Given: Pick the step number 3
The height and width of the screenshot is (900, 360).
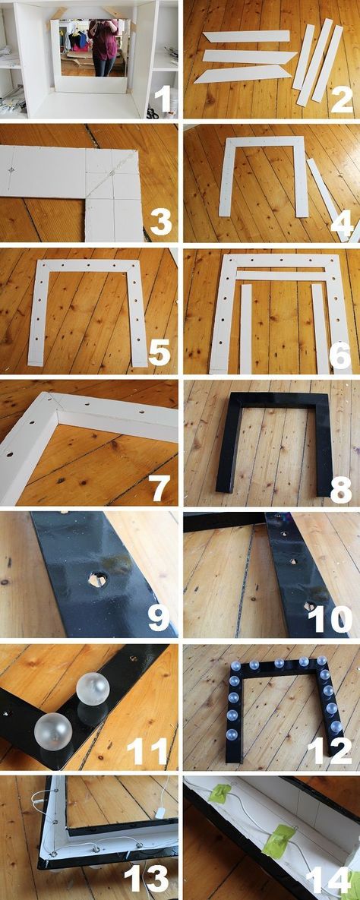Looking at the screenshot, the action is click(161, 222).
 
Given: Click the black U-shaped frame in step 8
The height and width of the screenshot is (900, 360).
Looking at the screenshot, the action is click(229, 442).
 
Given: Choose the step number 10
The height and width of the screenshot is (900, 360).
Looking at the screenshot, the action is click(330, 619).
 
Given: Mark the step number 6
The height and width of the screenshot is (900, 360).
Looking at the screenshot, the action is click(340, 355).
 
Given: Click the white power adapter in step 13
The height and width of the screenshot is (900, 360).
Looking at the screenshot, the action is click(161, 813).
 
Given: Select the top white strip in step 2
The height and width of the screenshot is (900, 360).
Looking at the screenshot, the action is click(246, 36).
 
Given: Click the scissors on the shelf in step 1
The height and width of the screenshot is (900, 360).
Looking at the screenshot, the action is click(152, 112).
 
